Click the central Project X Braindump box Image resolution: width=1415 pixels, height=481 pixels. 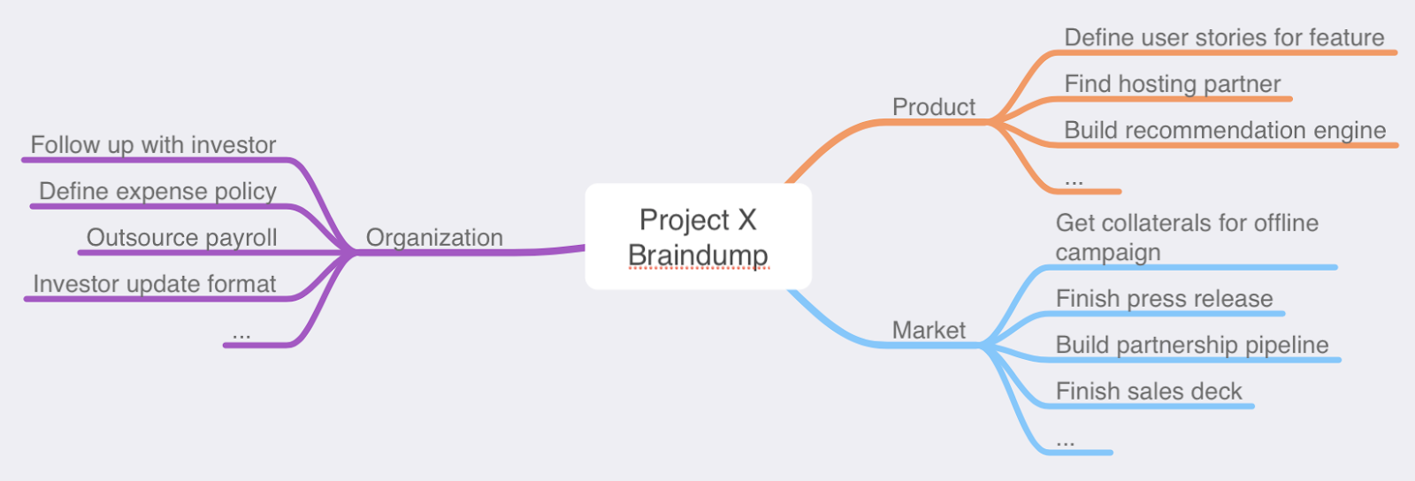pos(698,235)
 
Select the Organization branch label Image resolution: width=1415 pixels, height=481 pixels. pos(434,238)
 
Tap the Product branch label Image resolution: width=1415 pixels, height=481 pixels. pos(933,107)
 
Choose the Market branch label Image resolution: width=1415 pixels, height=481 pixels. pos(929,331)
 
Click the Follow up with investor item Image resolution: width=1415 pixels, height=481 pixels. pos(153,145)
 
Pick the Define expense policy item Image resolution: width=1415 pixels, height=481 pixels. pos(157,191)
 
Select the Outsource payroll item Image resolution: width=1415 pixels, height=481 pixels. pos(181,238)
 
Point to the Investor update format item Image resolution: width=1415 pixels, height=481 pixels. pos(155,284)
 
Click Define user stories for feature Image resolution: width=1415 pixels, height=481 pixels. pos(1224,38)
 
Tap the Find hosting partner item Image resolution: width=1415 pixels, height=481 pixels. pos(1172,84)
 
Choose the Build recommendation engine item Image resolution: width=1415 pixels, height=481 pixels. pos(1225,131)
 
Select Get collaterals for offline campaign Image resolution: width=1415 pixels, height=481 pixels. pos(1187,237)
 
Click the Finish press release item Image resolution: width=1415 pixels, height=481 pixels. pos(1164,299)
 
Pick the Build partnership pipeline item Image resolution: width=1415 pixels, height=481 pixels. pos(1192,345)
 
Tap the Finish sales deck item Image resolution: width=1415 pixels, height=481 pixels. pos(1149,391)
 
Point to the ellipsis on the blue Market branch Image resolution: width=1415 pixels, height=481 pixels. pos(1065,441)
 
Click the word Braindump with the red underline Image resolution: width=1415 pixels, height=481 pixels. pos(698,256)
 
